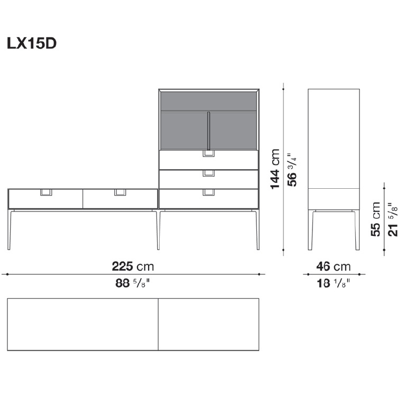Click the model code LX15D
point(32,44)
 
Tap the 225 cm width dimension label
point(133,266)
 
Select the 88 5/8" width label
point(133,283)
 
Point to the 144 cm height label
point(275,169)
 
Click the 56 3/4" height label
point(292,171)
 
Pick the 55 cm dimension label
point(376,219)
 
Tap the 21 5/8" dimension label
point(393,219)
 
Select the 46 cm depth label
point(334,266)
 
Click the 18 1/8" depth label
point(334,283)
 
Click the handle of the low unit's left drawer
point(46,192)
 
